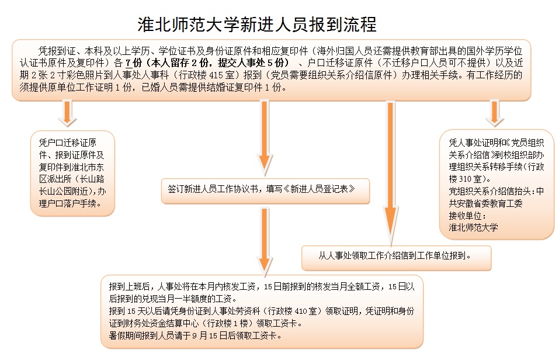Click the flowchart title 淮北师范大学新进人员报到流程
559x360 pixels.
click(x=257, y=25)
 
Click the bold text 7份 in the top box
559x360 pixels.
click(x=134, y=63)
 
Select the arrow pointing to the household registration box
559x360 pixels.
click(x=67, y=113)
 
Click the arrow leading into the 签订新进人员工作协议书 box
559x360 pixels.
click(x=264, y=138)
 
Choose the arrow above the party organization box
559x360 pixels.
click(x=495, y=113)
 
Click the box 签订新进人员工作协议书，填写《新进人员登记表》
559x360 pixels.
click(x=265, y=191)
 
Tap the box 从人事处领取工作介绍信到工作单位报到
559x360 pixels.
click(x=397, y=258)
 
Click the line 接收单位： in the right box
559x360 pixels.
click(x=467, y=216)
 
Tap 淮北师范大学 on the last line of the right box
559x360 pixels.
click(x=474, y=228)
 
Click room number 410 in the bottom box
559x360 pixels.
click(x=301, y=311)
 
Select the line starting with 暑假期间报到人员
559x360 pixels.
click(x=195, y=335)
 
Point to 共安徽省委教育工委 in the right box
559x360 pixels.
click(x=485, y=204)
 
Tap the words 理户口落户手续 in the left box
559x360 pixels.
click(x=68, y=204)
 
